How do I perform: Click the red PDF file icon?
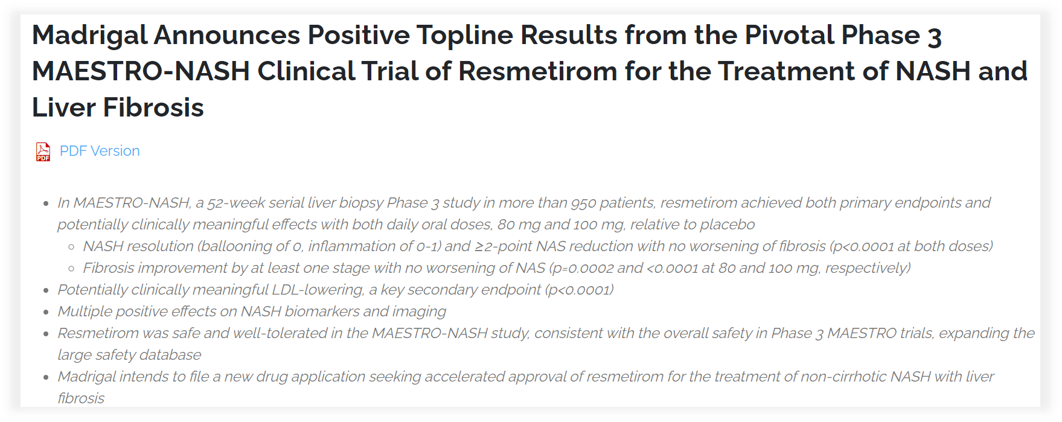[43, 152]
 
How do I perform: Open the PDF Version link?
[100, 151]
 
